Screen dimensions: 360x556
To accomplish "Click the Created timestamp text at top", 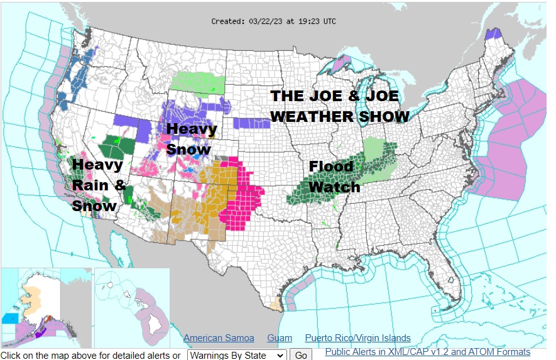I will tap(273, 21).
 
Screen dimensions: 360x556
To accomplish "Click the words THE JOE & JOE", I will tap(334, 97).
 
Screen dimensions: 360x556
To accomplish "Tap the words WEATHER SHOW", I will tap(339, 117).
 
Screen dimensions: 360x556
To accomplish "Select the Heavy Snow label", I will tap(191, 139).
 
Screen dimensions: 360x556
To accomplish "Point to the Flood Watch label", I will tap(334, 177).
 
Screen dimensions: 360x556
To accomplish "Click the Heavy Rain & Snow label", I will tap(99, 185).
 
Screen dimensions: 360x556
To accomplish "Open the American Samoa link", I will tap(219, 338).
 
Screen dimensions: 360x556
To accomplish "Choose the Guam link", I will tap(280, 338).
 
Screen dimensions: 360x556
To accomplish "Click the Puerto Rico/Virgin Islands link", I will tap(357, 338).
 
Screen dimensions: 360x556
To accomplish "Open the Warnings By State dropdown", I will tap(237, 355).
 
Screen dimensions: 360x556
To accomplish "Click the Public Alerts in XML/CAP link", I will tap(427, 352).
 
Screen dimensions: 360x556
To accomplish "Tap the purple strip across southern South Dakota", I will tap(251, 123).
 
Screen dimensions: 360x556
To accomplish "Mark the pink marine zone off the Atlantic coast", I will tap(509, 145).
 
